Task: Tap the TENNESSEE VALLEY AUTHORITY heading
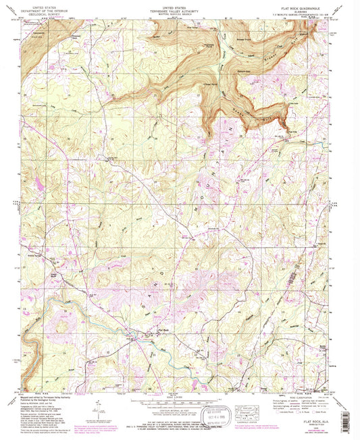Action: [x=180, y=7]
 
